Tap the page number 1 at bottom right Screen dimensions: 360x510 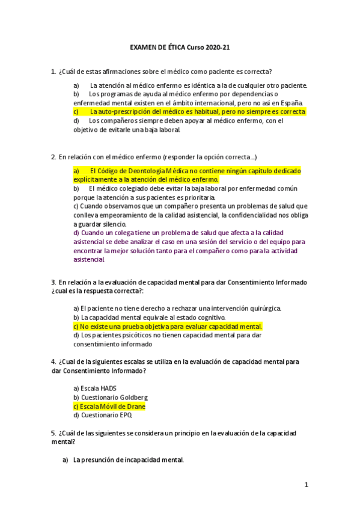306,485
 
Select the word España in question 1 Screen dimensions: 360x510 289,103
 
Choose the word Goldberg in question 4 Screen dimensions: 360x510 133,398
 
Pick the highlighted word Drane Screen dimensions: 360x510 136,407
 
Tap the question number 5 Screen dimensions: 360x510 54,433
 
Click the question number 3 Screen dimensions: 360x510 54,282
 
